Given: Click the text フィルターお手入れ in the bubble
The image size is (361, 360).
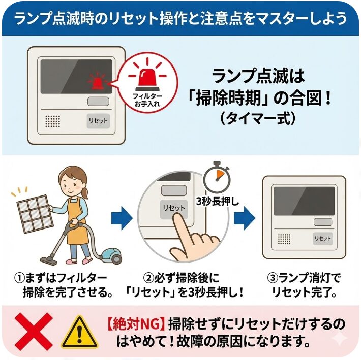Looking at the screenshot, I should pyautogui.click(x=147, y=99).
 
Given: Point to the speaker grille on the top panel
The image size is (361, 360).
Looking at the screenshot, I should pyautogui.click(x=53, y=121).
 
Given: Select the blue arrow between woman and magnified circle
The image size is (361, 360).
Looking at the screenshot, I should pyautogui.click(x=121, y=218).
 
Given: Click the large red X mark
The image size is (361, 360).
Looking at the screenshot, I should pyautogui.click(x=33, y=331).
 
